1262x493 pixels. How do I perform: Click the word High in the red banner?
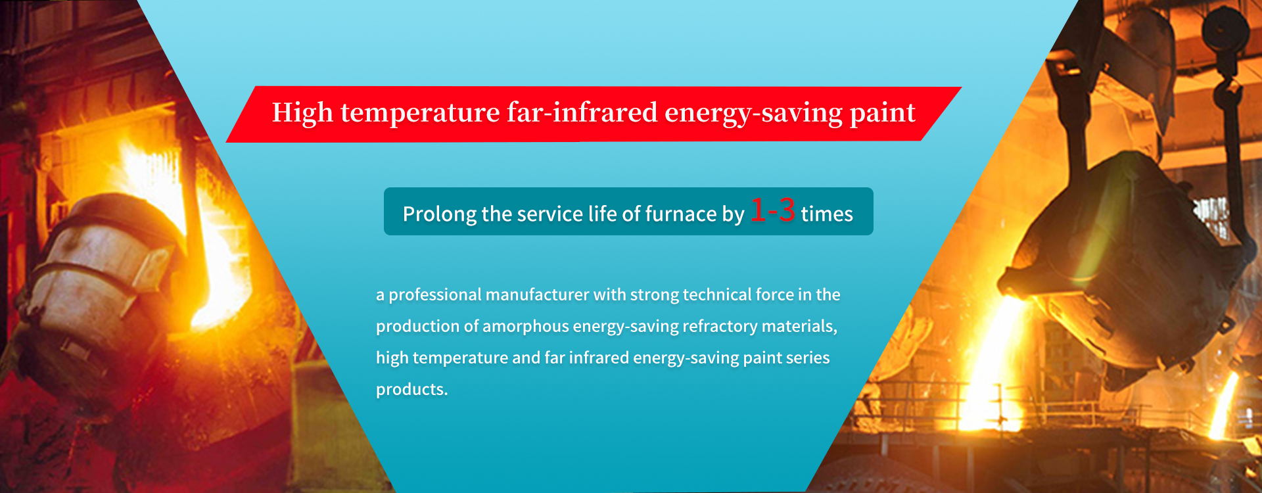302,113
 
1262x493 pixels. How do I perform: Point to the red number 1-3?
772,210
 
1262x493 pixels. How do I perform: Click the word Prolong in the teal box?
440,214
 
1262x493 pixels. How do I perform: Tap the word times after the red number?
827,214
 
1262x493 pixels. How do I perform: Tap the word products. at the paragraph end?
411,390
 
